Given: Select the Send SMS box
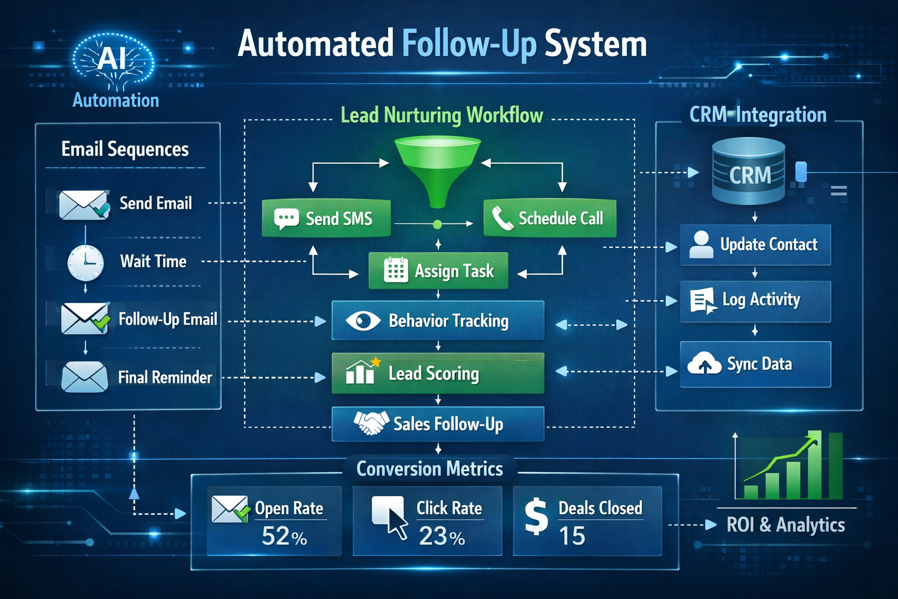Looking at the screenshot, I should point(326,219).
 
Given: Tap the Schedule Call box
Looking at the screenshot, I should point(550,218).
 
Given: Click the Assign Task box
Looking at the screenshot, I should point(438,271).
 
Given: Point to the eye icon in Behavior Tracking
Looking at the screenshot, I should point(362,321).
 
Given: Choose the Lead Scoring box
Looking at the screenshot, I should point(437,373).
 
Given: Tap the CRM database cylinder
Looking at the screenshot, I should point(749,171).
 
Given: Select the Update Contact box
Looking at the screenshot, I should point(755,245).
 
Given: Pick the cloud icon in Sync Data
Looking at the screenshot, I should point(704,364).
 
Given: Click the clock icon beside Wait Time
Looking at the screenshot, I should point(85,263).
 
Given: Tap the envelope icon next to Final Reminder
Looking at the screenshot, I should point(84,377).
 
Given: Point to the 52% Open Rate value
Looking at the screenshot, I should point(284,536).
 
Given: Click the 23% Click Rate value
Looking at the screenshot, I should point(442,536).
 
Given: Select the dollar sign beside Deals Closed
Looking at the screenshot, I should point(536,517).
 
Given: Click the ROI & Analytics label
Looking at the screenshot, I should point(785,525).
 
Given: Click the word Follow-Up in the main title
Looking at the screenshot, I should point(469,44).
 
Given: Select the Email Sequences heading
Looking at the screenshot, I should point(125,149).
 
